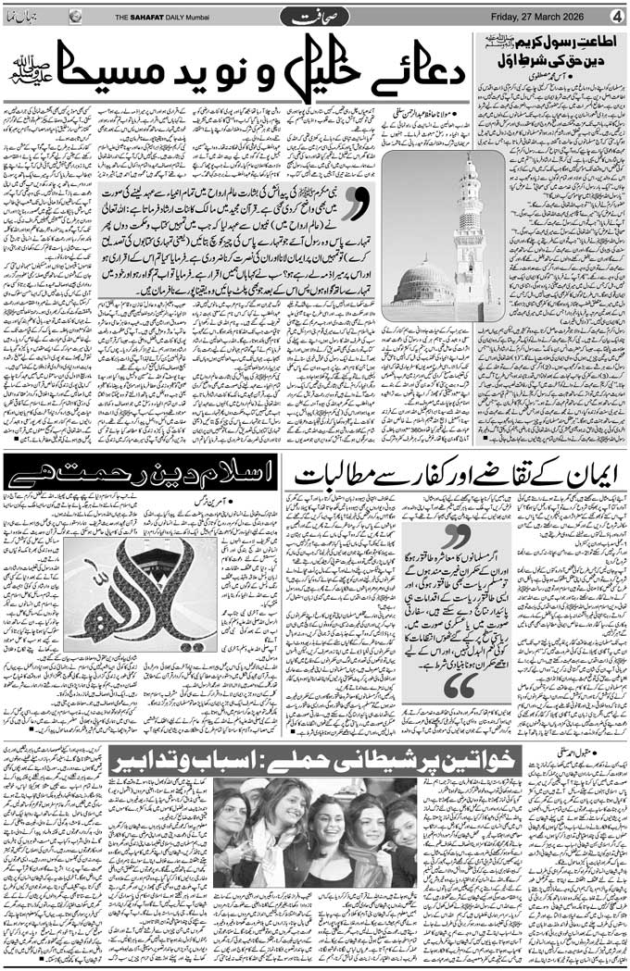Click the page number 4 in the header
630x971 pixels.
coord(616,16)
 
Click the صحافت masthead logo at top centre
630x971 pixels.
coord(316,16)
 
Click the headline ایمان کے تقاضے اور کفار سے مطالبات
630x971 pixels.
coord(455,476)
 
